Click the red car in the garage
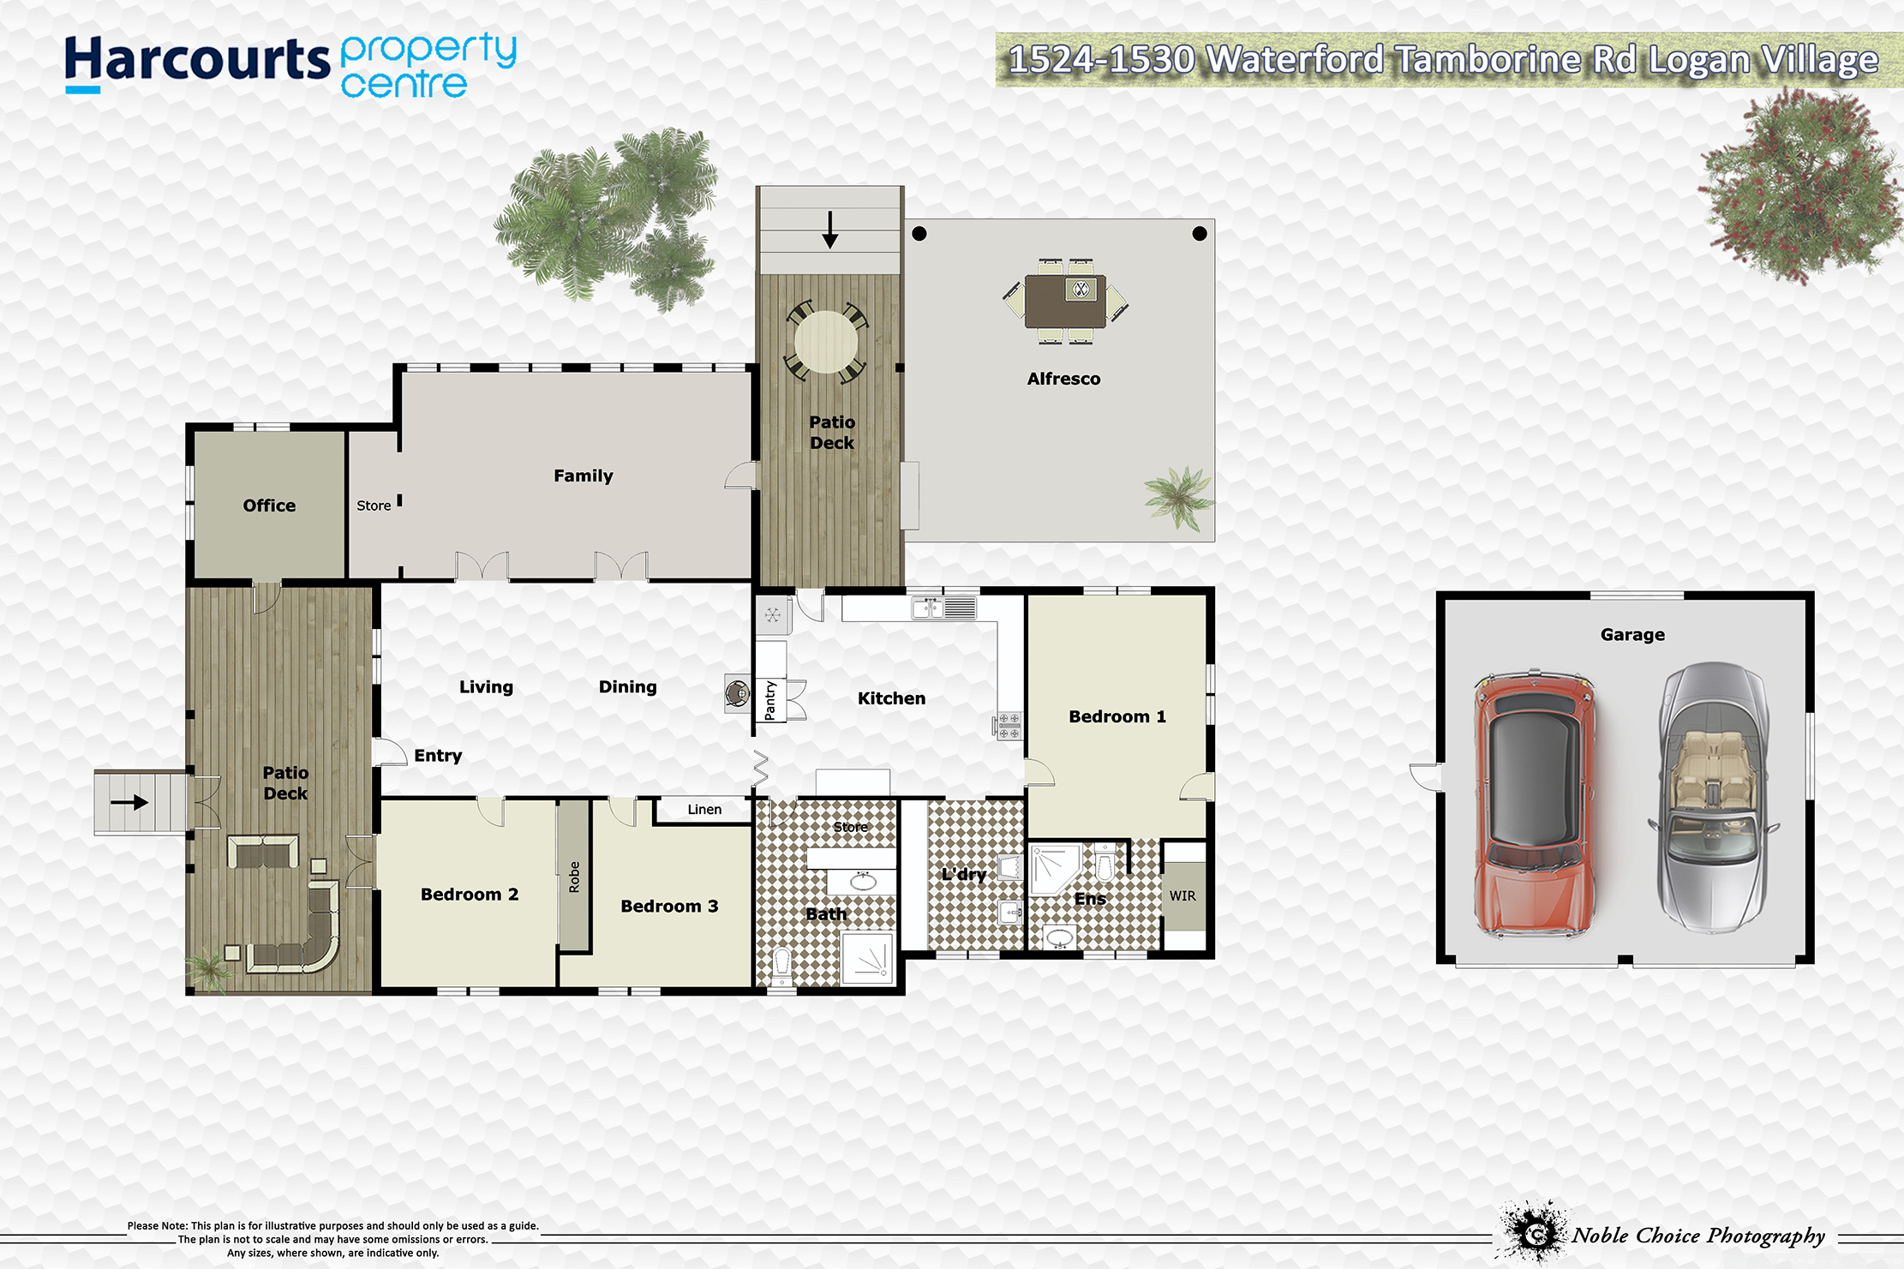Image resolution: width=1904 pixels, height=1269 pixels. (1535, 805)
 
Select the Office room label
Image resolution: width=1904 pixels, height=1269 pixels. (269, 506)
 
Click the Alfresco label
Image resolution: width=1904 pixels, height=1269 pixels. (1063, 379)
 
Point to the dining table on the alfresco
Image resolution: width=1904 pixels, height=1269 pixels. (1065, 301)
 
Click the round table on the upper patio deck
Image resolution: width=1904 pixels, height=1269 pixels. (826, 341)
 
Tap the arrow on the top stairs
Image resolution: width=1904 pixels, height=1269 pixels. (829, 230)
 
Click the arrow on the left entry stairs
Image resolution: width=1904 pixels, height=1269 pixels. (129, 803)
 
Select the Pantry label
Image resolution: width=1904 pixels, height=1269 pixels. (769, 700)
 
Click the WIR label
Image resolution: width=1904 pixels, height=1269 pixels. (1183, 895)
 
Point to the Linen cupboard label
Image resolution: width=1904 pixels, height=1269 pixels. (704, 809)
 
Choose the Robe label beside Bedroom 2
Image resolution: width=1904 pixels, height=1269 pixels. (574, 877)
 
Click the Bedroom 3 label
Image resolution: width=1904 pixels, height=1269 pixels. (669, 906)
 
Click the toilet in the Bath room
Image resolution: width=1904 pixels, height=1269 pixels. (781, 966)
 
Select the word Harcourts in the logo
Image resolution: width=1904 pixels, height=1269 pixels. (197, 60)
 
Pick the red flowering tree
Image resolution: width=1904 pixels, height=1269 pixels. (1801, 185)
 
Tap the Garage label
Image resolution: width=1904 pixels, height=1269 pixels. (1632, 634)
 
